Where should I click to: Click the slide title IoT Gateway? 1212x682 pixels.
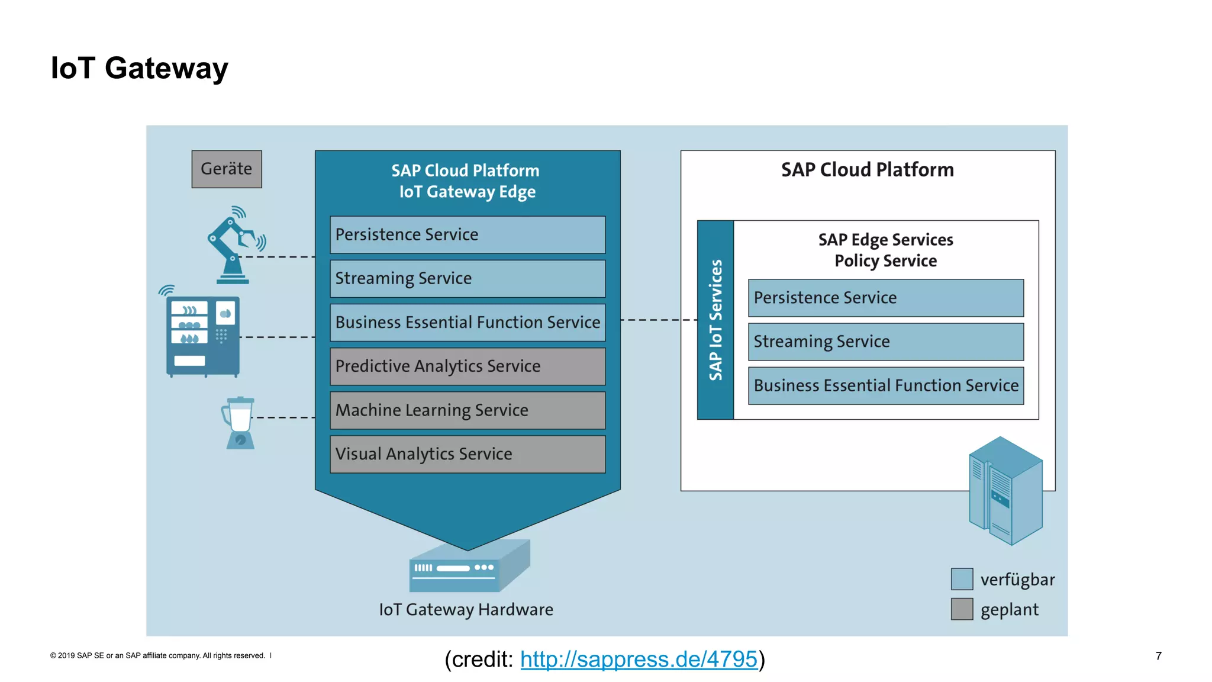pos(139,68)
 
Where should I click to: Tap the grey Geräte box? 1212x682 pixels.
pos(227,169)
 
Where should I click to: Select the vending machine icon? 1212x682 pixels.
pos(203,336)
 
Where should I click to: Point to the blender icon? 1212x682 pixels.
pos(239,423)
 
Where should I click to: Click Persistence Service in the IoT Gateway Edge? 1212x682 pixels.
pos(468,235)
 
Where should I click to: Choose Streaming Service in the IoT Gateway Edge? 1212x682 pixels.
pos(468,279)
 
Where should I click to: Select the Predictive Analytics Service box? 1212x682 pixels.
pos(468,366)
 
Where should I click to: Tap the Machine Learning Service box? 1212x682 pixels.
pos(468,410)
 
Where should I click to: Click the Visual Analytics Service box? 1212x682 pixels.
pos(468,454)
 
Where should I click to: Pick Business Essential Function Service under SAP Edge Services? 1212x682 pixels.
pos(885,386)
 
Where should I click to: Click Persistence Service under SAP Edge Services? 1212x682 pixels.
pos(885,298)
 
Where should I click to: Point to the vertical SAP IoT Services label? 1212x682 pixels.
pos(715,320)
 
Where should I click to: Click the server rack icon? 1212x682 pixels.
pos(1005,491)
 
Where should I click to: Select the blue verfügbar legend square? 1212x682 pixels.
pos(962,579)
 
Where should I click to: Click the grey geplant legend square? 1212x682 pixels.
pos(962,609)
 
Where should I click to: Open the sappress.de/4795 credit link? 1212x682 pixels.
pos(639,660)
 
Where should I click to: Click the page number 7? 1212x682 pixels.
pos(1158,656)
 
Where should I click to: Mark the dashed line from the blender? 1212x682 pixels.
pos(284,417)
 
